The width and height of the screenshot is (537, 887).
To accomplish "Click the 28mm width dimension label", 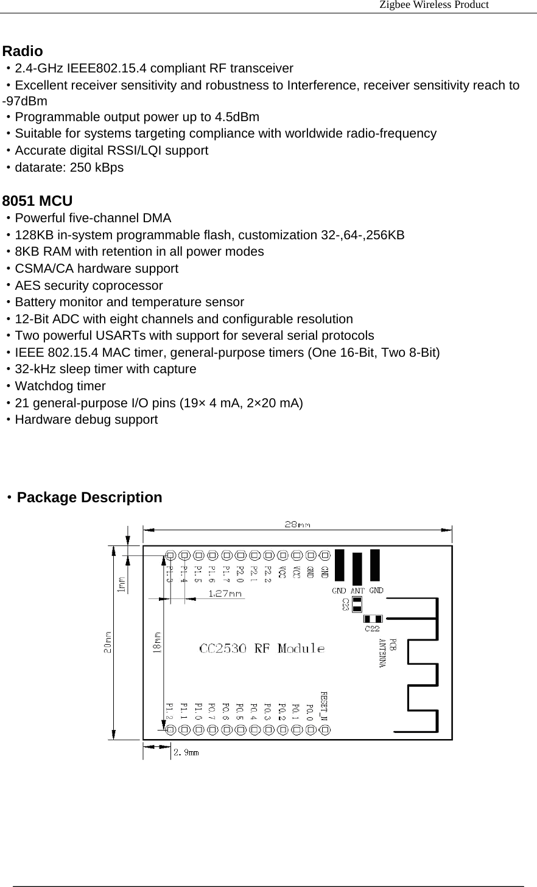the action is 297,524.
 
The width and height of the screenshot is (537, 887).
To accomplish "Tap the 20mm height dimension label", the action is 108,642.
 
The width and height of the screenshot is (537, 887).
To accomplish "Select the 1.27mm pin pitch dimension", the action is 225,593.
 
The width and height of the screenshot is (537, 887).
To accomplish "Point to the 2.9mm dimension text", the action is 186,752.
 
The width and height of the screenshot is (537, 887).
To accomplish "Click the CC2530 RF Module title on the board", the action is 262,648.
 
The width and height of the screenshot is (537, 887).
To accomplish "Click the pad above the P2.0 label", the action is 240,555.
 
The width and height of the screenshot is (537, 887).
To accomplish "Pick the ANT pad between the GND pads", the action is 357,569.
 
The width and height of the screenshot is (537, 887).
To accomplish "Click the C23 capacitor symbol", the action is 357,604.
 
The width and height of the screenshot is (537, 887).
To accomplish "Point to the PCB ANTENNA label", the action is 388,653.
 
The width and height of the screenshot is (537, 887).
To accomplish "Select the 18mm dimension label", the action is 157,642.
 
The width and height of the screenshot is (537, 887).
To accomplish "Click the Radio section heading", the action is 23,51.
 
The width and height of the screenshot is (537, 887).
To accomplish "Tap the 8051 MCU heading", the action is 38,201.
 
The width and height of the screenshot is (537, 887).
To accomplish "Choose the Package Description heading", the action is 89,497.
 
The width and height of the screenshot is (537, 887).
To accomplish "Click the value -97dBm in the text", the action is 25,101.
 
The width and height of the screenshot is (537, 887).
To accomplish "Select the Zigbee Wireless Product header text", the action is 433,5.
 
